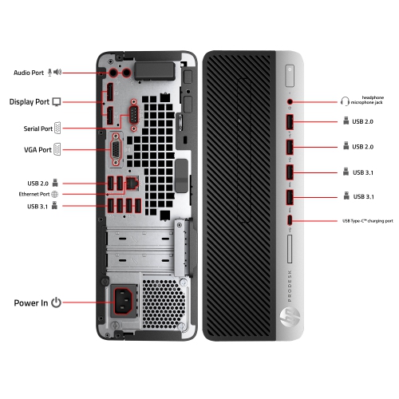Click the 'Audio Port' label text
29,73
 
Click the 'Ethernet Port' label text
34,194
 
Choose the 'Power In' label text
30,303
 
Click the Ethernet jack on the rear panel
132,182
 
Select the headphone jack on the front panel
290,102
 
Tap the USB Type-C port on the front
290,220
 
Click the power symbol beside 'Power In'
56,303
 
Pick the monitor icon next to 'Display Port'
57,102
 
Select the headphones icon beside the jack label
345,101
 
